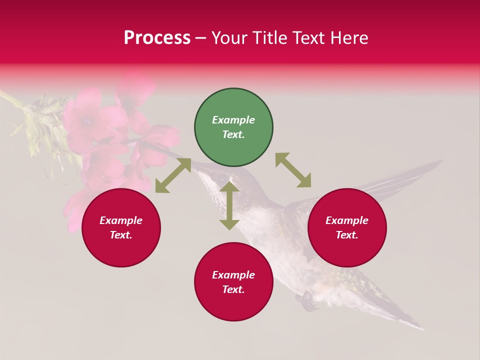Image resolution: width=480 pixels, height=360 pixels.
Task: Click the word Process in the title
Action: tap(157, 38)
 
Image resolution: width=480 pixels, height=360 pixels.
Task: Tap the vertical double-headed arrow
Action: tap(229, 205)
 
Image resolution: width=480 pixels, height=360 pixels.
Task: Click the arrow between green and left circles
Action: tap(173, 175)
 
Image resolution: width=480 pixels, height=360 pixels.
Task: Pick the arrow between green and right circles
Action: tap(293, 170)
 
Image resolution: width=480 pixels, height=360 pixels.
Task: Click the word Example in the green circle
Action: tap(233, 120)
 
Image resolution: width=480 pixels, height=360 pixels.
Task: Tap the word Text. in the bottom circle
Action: tap(233, 289)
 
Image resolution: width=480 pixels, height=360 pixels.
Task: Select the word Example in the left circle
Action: tap(121, 220)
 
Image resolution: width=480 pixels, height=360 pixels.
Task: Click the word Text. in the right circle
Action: tap(347, 235)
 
